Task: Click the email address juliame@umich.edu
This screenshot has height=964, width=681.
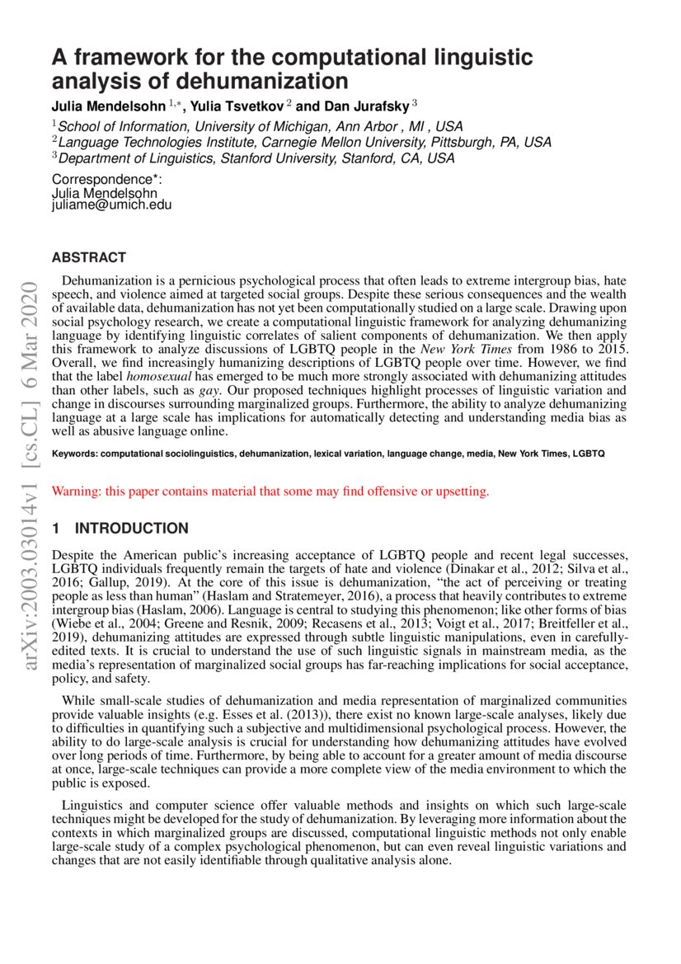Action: (111, 205)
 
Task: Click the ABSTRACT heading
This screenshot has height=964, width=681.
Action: (89, 258)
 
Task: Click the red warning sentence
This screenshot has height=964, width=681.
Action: (270, 491)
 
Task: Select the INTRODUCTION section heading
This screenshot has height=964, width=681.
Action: (131, 529)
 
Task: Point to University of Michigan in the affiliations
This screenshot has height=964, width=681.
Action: (248, 126)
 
